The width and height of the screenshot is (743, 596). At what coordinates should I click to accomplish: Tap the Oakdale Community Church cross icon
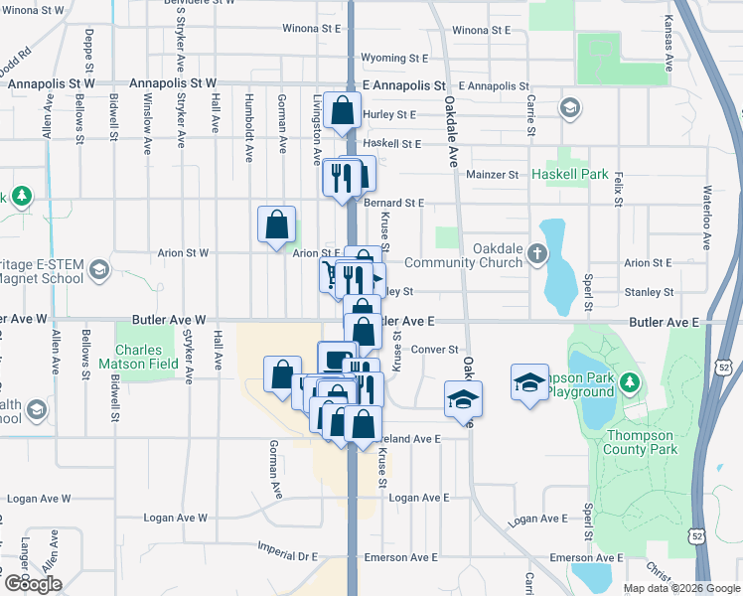(x=537, y=252)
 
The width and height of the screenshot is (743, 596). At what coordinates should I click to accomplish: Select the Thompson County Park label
(x=641, y=442)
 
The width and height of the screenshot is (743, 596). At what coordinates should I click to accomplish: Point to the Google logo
(x=33, y=584)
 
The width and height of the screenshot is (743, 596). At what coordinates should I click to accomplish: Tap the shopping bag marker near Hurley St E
(x=342, y=113)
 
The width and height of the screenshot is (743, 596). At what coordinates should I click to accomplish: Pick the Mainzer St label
(x=494, y=175)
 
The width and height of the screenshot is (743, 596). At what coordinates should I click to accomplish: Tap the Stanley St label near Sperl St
(x=650, y=292)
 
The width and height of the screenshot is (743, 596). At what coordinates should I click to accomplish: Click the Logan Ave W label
(x=175, y=518)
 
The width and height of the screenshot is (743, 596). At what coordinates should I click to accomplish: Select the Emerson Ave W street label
(x=31, y=556)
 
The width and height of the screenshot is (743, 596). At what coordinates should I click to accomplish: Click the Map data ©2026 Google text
(x=680, y=588)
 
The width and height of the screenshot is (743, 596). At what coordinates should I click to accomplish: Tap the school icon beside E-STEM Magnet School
(x=98, y=269)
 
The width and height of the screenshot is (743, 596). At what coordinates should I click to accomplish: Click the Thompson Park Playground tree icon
(x=629, y=381)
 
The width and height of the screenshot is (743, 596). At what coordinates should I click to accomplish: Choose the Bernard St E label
(x=393, y=203)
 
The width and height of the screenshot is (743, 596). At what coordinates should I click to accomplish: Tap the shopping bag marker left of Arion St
(x=276, y=224)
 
